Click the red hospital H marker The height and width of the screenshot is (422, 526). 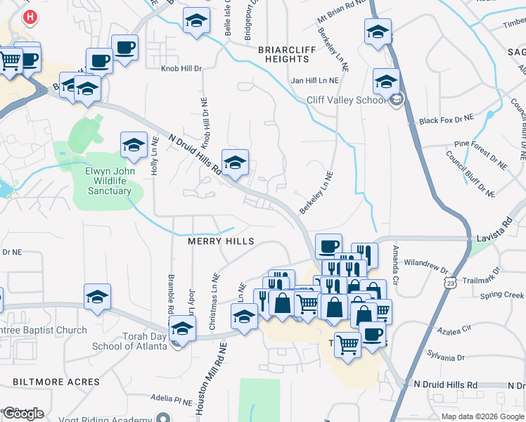pyautogui.click(x=30, y=16)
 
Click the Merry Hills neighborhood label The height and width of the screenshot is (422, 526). pyautogui.click(x=220, y=241)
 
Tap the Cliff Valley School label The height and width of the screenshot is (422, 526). pyautogui.click(x=346, y=100)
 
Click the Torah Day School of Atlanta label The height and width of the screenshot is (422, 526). pyautogui.click(x=127, y=341)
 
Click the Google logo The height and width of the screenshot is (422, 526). pyautogui.click(x=23, y=414)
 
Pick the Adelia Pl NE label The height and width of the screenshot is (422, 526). pyautogui.click(x=172, y=403)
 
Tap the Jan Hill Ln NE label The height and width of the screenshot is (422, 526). pyautogui.click(x=315, y=81)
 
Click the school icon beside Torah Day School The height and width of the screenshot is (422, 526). pyautogui.click(x=181, y=328)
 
